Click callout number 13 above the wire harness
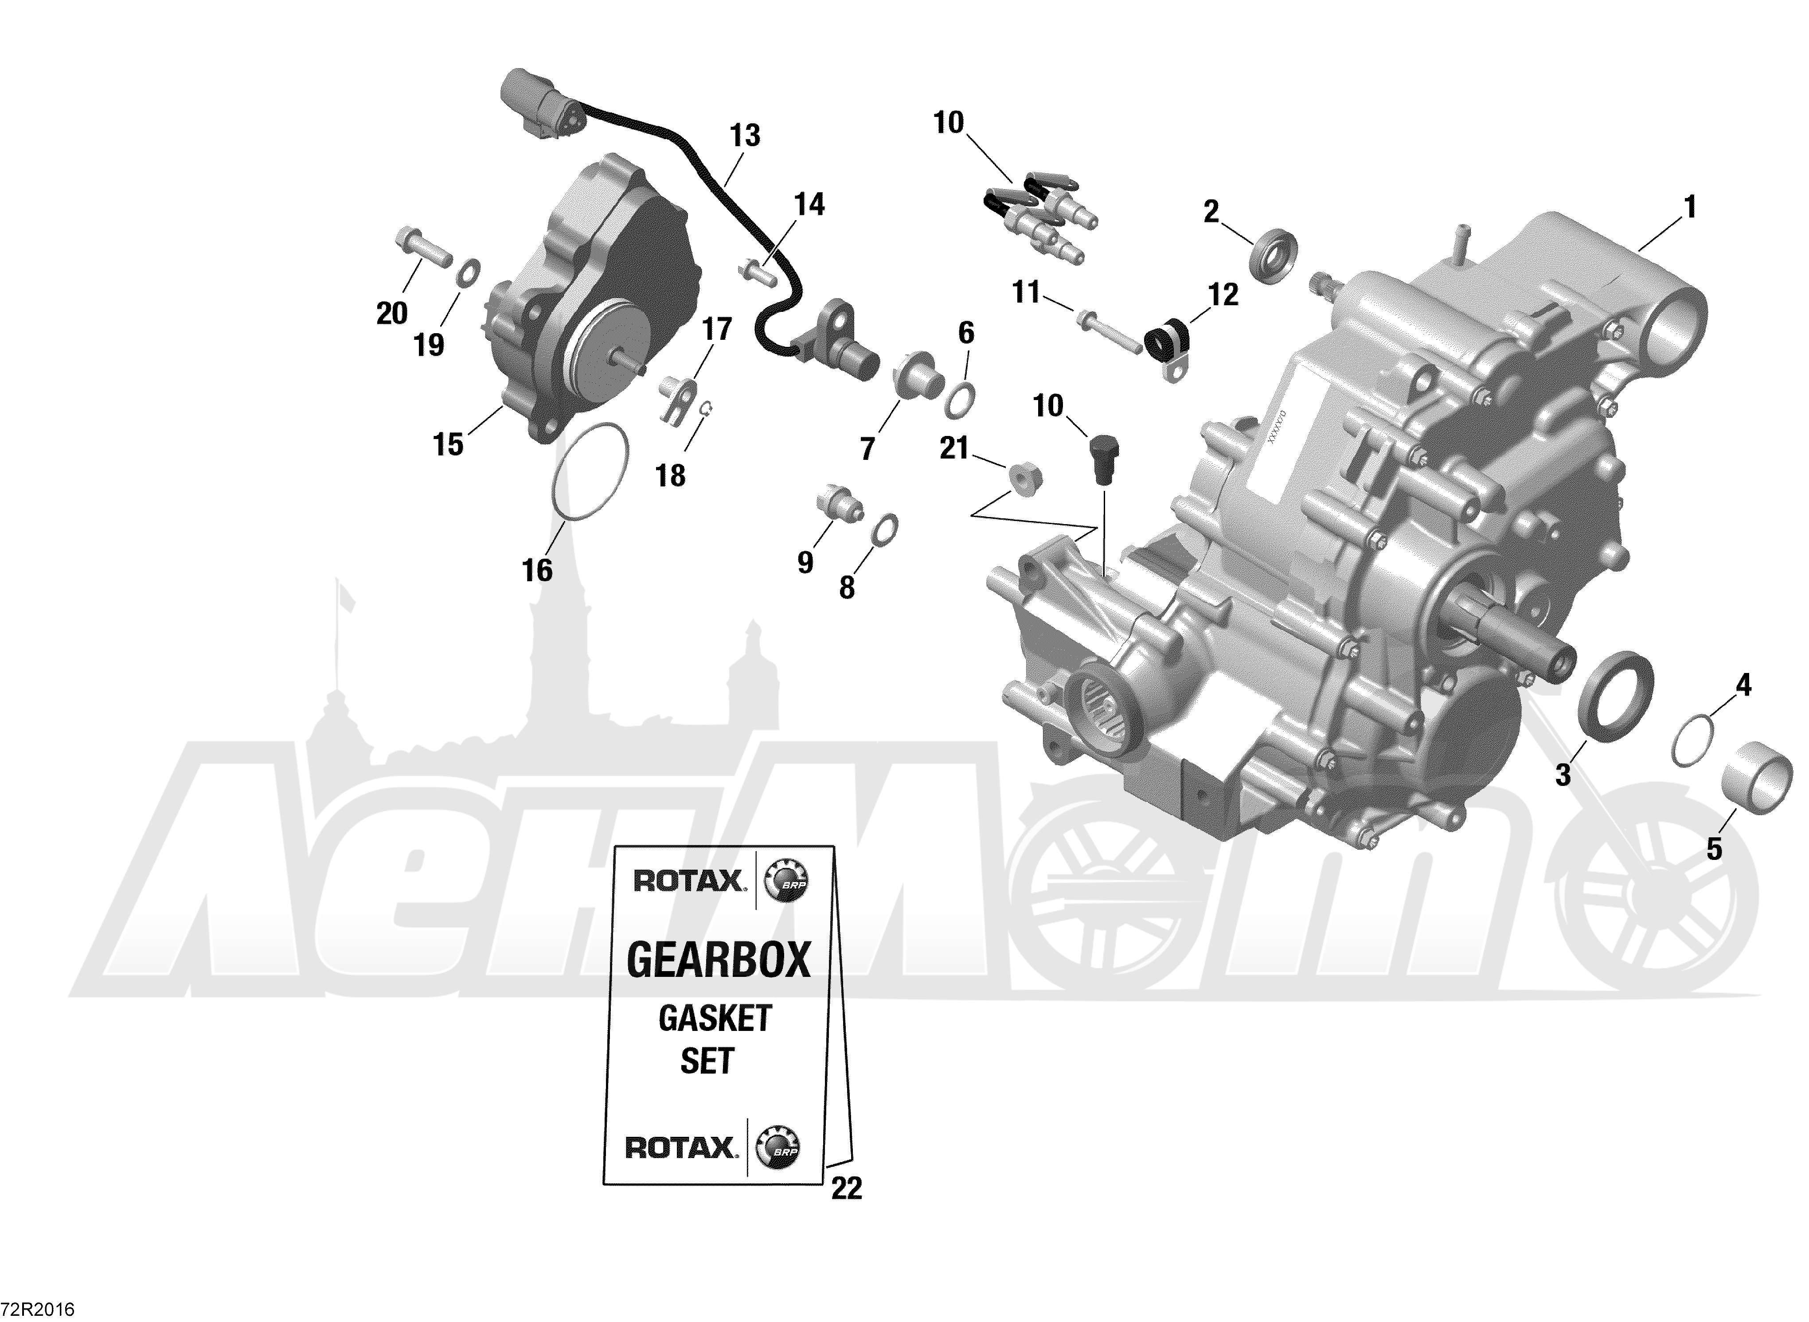pos(744,136)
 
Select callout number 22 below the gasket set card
pos(847,1211)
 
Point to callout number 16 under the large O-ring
pos(537,571)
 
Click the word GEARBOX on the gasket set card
pos(719,960)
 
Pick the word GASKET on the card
pos(715,1019)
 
